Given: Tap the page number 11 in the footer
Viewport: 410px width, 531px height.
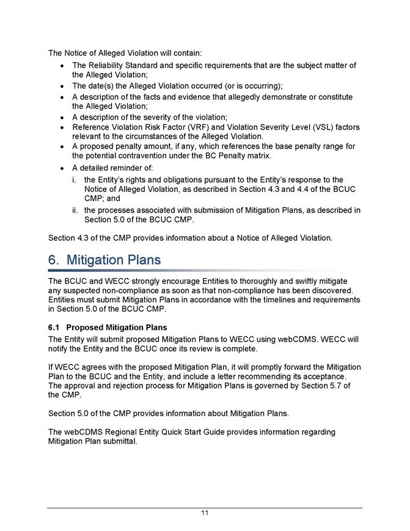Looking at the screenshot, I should coord(205,513).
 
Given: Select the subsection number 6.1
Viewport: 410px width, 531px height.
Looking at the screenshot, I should coord(54,328).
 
